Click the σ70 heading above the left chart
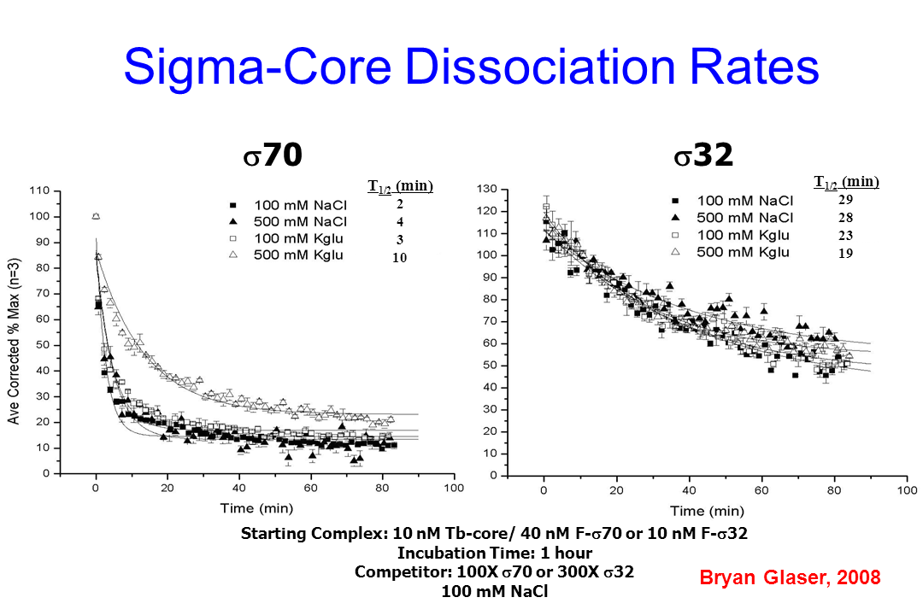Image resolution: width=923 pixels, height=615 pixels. (272, 155)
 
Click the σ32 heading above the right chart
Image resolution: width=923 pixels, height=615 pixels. (702, 155)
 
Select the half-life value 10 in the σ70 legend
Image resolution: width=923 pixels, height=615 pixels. (399, 255)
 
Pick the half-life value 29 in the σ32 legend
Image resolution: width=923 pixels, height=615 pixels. (846, 199)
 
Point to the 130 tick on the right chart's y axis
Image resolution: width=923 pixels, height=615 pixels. (486, 189)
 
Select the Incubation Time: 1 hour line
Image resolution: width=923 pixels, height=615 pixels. (495, 553)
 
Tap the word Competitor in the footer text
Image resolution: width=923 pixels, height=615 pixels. (397, 571)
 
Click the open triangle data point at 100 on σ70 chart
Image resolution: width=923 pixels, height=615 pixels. (96, 216)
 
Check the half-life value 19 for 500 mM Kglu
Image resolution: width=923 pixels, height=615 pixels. (846, 253)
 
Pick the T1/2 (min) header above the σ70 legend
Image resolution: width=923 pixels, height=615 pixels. (401, 186)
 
